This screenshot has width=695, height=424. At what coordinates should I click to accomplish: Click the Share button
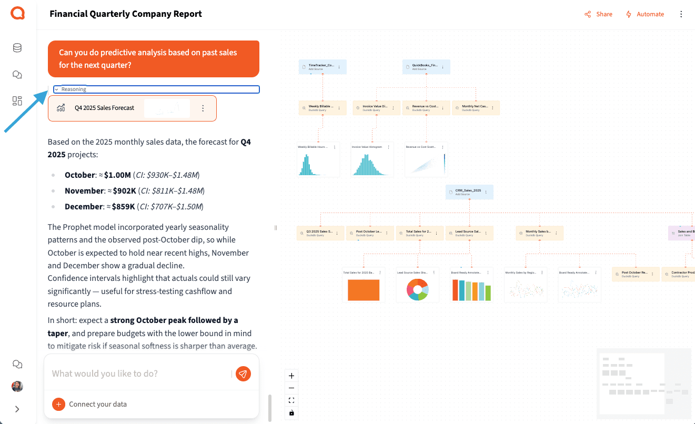(599, 14)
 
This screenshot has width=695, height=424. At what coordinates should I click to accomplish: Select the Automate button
(645, 14)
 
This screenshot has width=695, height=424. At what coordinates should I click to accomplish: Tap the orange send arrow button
(243, 373)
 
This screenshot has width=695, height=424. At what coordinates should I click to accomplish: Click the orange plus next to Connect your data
(58, 404)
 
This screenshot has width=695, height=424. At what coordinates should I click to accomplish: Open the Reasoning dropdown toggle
(56, 89)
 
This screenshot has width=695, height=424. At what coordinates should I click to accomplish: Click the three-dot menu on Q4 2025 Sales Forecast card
(203, 108)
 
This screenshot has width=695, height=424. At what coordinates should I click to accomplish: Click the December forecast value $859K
(124, 207)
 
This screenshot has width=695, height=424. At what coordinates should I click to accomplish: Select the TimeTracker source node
(323, 66)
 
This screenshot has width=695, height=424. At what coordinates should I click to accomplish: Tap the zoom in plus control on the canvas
(291, 376)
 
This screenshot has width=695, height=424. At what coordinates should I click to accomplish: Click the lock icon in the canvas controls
(291, 413)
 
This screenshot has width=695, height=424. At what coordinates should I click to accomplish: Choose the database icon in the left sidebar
(17, 48)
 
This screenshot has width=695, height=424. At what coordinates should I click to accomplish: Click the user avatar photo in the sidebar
(17, 386)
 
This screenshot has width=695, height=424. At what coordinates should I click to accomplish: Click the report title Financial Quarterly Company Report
(126, 14)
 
